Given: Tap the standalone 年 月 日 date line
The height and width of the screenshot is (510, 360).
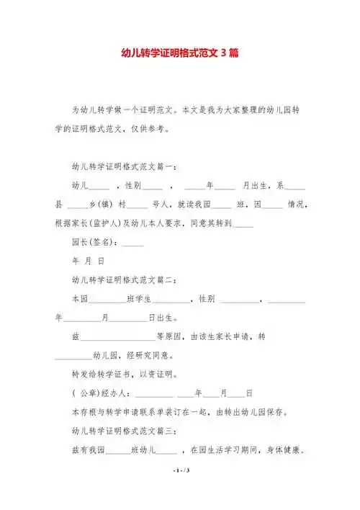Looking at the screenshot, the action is [89, 261].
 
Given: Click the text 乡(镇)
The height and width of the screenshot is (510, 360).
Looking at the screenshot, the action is [101, 205].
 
